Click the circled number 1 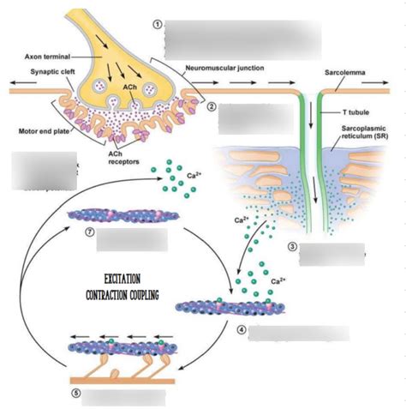[156, 23]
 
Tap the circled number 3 [292, 247]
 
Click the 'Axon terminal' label [46, 57]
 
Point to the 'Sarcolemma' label [345, 73]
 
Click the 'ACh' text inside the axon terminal [131, 87]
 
